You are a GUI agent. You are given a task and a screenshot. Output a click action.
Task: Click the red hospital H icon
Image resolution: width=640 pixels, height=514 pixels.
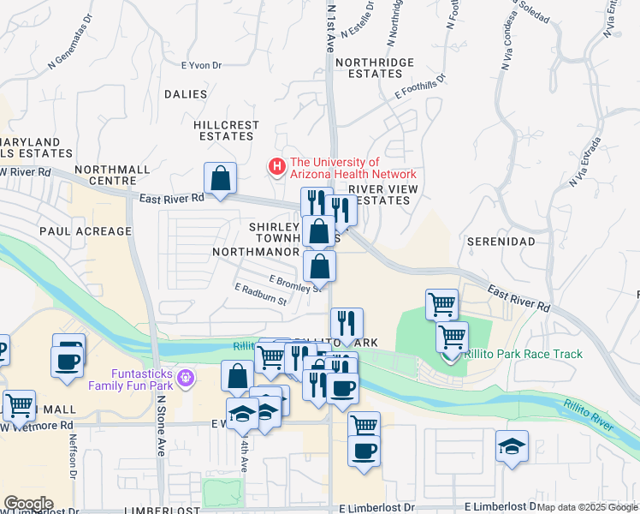276,167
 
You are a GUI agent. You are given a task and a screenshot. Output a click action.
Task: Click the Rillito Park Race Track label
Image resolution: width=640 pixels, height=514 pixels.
523,354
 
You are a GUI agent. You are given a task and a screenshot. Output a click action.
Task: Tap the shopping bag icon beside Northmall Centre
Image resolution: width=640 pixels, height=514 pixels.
220,180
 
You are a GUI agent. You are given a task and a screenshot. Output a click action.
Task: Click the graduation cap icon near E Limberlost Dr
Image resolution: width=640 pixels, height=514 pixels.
512,446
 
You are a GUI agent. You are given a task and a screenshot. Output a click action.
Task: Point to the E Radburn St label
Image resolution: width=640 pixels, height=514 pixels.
259,294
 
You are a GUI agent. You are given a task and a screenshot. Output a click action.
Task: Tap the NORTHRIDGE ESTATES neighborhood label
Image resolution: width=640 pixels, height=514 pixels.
375,69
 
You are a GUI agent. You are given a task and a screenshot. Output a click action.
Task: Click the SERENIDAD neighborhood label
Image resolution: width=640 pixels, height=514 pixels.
501,242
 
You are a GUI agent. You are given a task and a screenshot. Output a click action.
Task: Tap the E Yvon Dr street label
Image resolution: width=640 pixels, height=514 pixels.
201,64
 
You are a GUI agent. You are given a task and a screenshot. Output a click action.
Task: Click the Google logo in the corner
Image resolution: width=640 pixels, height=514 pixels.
27,503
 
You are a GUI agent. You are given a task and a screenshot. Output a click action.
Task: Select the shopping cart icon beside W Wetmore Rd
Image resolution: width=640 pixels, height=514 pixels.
18,404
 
